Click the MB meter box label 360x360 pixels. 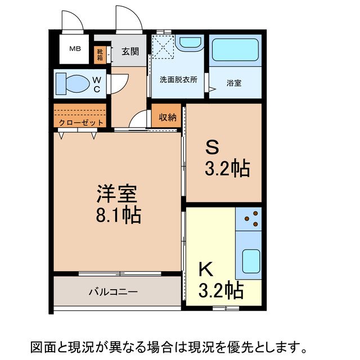(75, 49)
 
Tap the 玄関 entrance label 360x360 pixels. (130, 52)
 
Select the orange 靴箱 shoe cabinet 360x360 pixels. (100, 53)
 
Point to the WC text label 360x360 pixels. (97, 84)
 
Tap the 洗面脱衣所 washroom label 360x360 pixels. (178, 80)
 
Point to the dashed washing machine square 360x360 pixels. (164, 47)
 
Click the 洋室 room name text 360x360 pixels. (115, 195)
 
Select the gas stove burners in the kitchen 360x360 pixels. (249, 219)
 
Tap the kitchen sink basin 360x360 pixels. (249, 260)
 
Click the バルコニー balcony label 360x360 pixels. (112, 292)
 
